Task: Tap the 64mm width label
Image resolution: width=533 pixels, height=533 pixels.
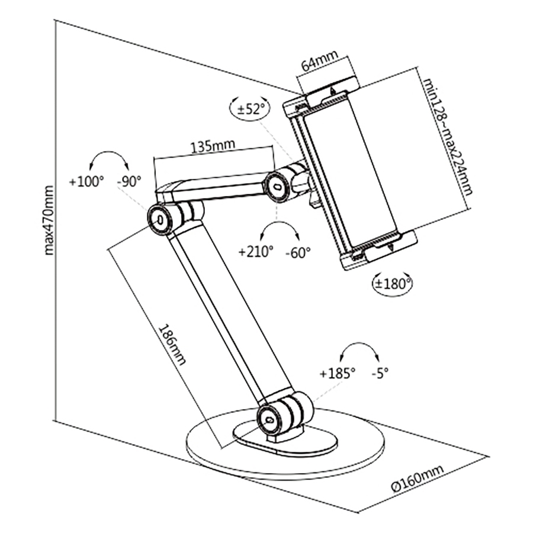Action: pos(320,61)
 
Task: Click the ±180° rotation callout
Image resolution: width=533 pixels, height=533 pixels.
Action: pos(393,284)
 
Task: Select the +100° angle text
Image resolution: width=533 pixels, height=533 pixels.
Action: pos(86,182)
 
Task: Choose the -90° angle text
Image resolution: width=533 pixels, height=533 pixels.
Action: pos(129,182)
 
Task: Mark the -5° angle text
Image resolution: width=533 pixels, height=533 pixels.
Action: pos(380,374)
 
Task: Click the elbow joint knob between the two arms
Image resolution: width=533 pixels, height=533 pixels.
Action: pos(161,220)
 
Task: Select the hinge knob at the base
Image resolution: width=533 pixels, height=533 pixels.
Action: pos(269,419)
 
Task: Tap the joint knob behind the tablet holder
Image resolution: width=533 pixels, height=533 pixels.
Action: pos(277,186)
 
